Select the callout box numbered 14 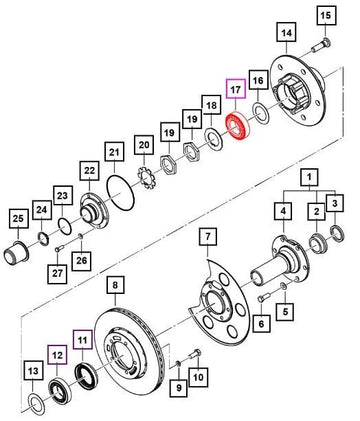tap(287, 33)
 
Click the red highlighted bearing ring tap(239, 127)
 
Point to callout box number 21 tap(115, 152)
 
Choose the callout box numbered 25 tap(17, 218)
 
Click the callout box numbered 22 tap(90, 173)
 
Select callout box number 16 tap(258, 80)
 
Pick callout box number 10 tap(197, 377)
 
